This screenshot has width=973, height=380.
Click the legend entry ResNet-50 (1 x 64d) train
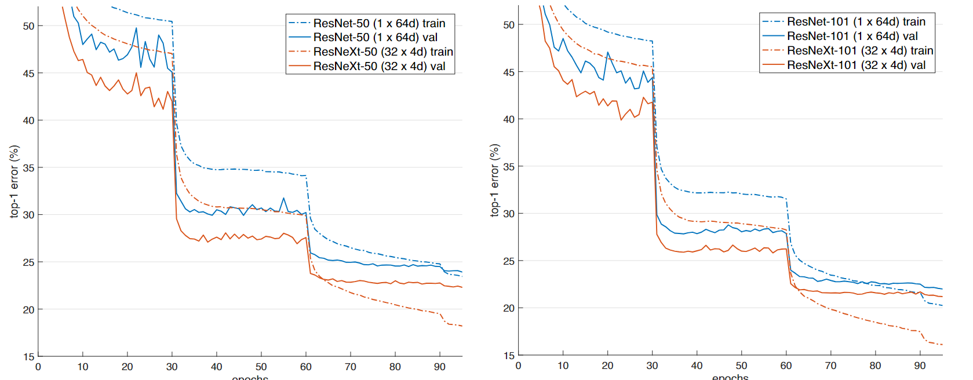(x=379, y=23)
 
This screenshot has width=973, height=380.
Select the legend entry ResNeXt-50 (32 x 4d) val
(x=379, y=66)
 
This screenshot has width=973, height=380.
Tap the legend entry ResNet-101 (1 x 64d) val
(x=852, y=36)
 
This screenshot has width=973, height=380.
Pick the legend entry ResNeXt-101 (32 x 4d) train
(x=859, y=50)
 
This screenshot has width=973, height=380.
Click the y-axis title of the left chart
(x=14, y=181)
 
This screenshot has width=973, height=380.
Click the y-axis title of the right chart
(x=494, y=180)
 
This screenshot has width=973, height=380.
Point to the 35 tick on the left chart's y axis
(x=28, y=168)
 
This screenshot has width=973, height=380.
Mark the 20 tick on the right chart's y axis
(x=509, y=308)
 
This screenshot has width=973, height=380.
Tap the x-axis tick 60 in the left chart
(x=306, y=367)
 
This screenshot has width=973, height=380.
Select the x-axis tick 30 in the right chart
(x=652, y=366)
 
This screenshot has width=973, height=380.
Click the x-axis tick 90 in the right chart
(x=920, y=366)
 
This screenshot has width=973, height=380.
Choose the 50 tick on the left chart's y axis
(x=28, y=26)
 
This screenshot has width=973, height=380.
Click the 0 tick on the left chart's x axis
(x=38, y=367)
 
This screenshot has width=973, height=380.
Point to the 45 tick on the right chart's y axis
(x=509, y=72)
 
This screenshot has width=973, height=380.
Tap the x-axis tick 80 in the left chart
(x=395, y=367)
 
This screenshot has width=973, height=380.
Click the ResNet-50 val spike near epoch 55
(x=284, y=198)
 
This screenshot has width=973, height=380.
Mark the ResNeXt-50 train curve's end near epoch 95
(x=462, y=326)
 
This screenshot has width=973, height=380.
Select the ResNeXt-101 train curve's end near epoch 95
(x=942, y=345)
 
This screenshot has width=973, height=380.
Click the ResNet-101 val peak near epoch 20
(x=608, y=53)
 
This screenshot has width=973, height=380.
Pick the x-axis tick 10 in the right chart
(x=563, y=366)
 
